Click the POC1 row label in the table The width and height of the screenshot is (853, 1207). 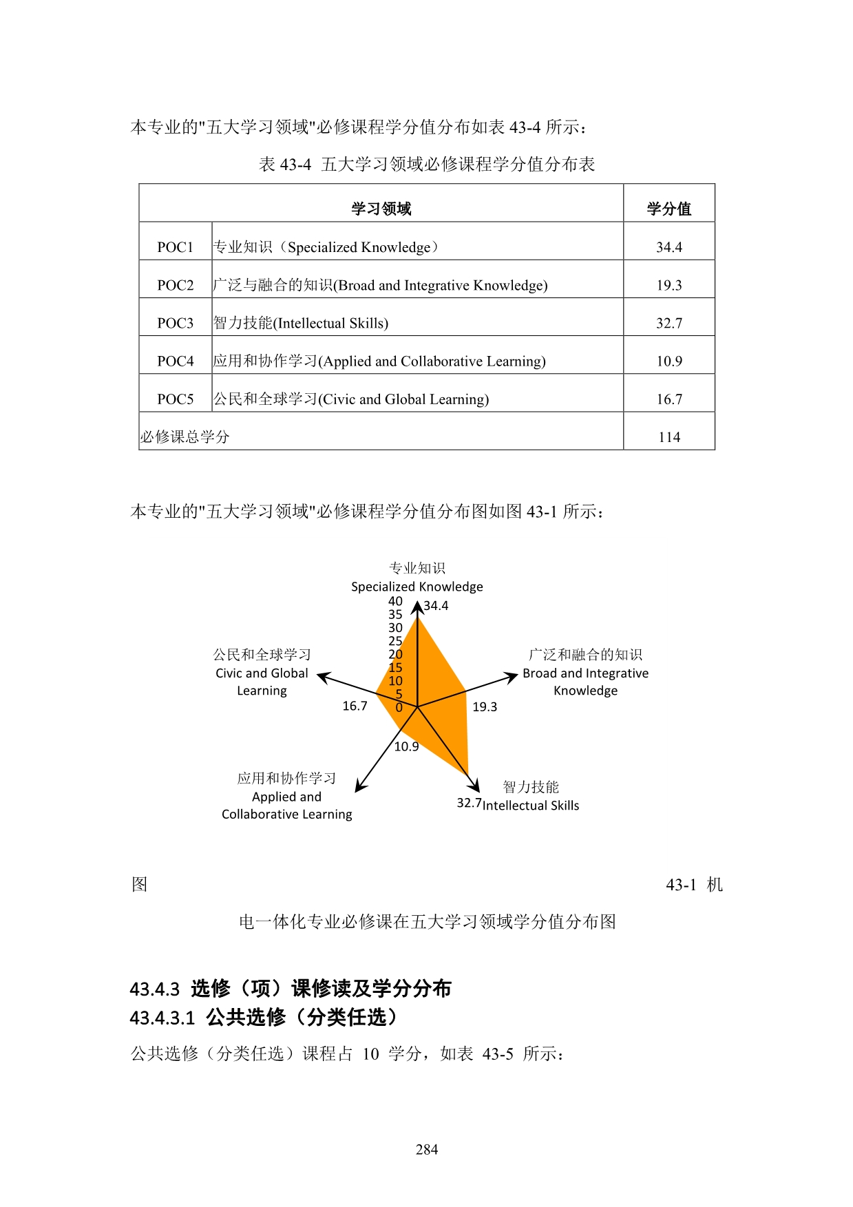click(x=175, y=247)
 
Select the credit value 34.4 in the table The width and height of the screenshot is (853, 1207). click(x=668, y=247)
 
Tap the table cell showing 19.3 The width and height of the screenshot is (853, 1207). click(x=668, y=285)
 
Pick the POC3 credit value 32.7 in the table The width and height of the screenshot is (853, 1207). click(x=668, y=323)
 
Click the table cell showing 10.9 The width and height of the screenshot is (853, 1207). click(x=668, y=361)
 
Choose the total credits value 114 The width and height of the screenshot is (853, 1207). click(x=668, y=437)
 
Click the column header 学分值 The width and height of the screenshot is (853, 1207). click(x=668, y=209)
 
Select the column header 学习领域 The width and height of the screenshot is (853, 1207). click(x=381, y=209)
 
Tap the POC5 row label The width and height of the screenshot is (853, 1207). click(x=175, y=399)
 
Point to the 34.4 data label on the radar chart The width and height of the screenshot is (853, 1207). click(x=436, y=606)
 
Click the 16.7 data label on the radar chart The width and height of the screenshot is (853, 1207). click(x=355, y=706)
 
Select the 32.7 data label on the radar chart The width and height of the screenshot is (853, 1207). click(x=469, y=803)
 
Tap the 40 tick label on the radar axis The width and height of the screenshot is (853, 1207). click(x=395, y=601)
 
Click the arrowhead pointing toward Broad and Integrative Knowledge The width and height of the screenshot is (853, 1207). click(x=512, y=677)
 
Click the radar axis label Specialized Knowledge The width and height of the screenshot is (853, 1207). click(x=417, y=587)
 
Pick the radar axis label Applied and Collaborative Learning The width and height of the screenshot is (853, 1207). click(x=286, y=805)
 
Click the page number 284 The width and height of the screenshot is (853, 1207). click(x=427, y=1149)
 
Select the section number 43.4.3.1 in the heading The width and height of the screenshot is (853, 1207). click(x=162, y=1018)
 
